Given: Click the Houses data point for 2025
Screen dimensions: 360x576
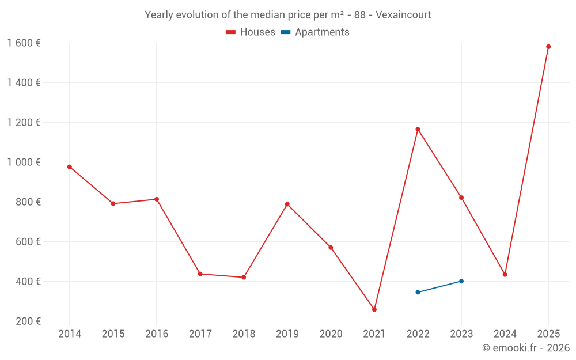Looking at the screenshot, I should click(x=548, y=47).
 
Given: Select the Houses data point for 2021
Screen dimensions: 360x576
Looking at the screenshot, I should click(x=374, y=309).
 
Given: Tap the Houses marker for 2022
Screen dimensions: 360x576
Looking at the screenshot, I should click(x=418, y=129).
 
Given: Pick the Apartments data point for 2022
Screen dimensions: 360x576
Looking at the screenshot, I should click(x=418, y=292).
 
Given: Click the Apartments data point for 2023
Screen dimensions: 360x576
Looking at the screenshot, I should click(x=461, y=281).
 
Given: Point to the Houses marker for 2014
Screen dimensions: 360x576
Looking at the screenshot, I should click(x=70, y=167).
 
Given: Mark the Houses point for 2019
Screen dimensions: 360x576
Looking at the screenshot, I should click(x=287, y=204).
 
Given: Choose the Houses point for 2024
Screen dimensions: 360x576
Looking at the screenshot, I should click(x=505, y=275).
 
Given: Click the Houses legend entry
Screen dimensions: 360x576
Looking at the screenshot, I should click(x=251, y=32).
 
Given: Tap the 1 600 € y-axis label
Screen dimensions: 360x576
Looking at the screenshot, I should click(x=24, y=43).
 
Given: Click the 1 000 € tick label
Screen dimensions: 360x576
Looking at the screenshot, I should click(x=24, y=162).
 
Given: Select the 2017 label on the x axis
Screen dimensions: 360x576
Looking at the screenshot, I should click(x=200, y=334).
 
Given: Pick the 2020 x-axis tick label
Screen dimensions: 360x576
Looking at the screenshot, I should click(x=331, y=334).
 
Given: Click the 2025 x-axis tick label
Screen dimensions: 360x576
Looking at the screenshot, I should click(x=548, y=334).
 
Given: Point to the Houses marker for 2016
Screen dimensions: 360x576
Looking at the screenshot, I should click(x=157, y=199).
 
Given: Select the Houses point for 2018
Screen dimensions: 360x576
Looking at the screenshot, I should click(x=244, y=277).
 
